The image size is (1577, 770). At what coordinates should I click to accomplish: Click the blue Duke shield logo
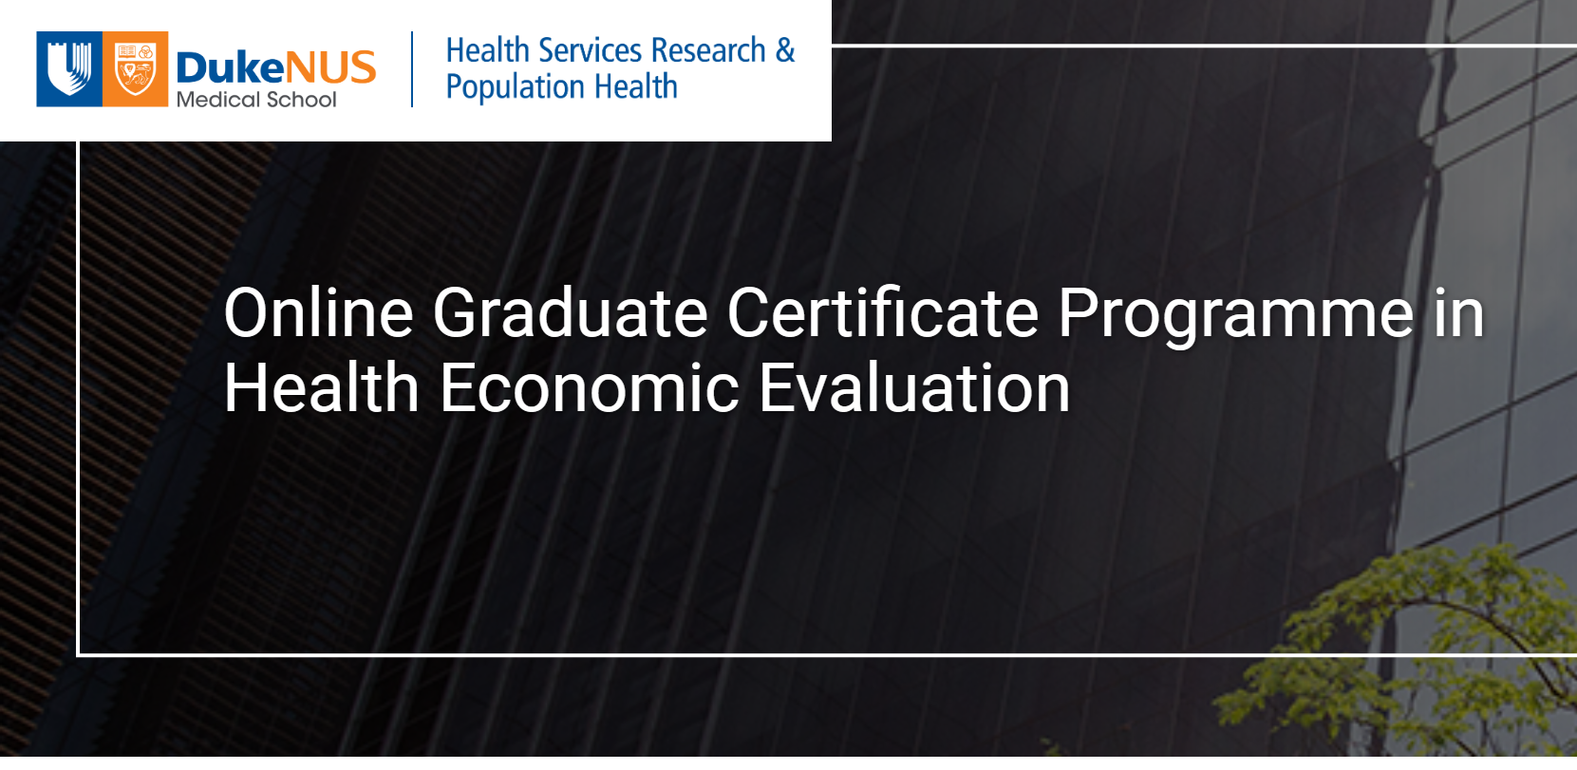click(x=69, y=69)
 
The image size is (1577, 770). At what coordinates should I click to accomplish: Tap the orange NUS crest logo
click(x=135, y=69)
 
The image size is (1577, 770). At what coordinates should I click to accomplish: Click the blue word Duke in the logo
click(x=230, y=67)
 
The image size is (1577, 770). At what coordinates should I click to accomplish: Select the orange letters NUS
click(x=330, y=67)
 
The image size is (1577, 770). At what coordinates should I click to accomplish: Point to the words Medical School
click(x=256, y=100)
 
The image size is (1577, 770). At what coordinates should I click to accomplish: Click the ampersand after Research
click(x=785, y=50)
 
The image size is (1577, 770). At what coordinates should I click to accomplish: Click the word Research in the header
click(x=708, y=50)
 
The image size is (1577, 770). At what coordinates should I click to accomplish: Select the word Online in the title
click(x=318, y=312)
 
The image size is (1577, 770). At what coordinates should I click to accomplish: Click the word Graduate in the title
click(x=570, y=312)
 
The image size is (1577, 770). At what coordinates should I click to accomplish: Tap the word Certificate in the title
click(x=883, y=311)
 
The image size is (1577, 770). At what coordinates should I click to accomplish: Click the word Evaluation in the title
click(x=913, y=387)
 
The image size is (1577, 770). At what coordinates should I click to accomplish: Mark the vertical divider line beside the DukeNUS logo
click(x=412, y=69)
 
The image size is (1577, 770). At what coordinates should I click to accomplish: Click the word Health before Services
click(x=487, y=50)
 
